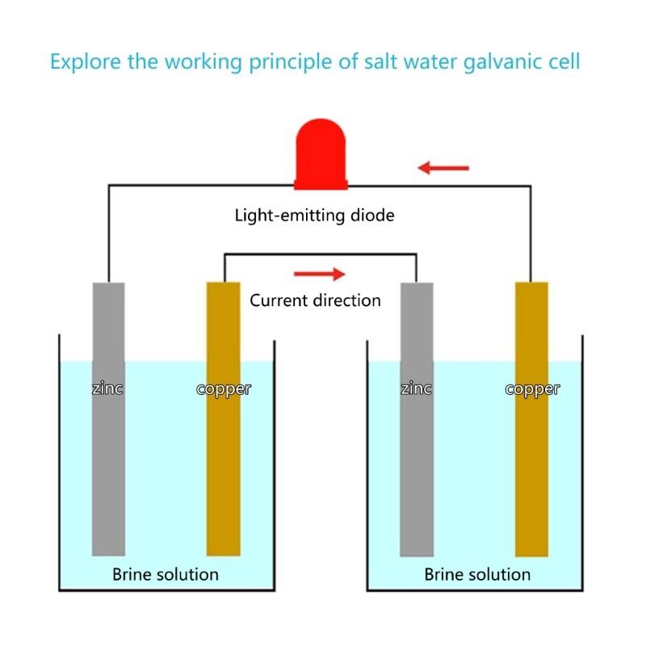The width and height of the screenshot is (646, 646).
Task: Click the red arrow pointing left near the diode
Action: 443,168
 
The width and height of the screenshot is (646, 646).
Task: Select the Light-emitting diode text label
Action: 314,216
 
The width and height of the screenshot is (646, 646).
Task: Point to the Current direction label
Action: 315,300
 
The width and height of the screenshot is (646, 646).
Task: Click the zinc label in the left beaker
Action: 107,388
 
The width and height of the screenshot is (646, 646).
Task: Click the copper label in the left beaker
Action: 224,388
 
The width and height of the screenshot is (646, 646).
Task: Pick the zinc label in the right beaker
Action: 417,388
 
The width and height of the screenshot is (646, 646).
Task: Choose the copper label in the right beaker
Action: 532,388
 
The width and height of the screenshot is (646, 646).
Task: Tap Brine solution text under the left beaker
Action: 166,574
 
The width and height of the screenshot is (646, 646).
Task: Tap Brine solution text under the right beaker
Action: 477,574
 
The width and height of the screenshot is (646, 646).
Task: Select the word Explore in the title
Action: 82,62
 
